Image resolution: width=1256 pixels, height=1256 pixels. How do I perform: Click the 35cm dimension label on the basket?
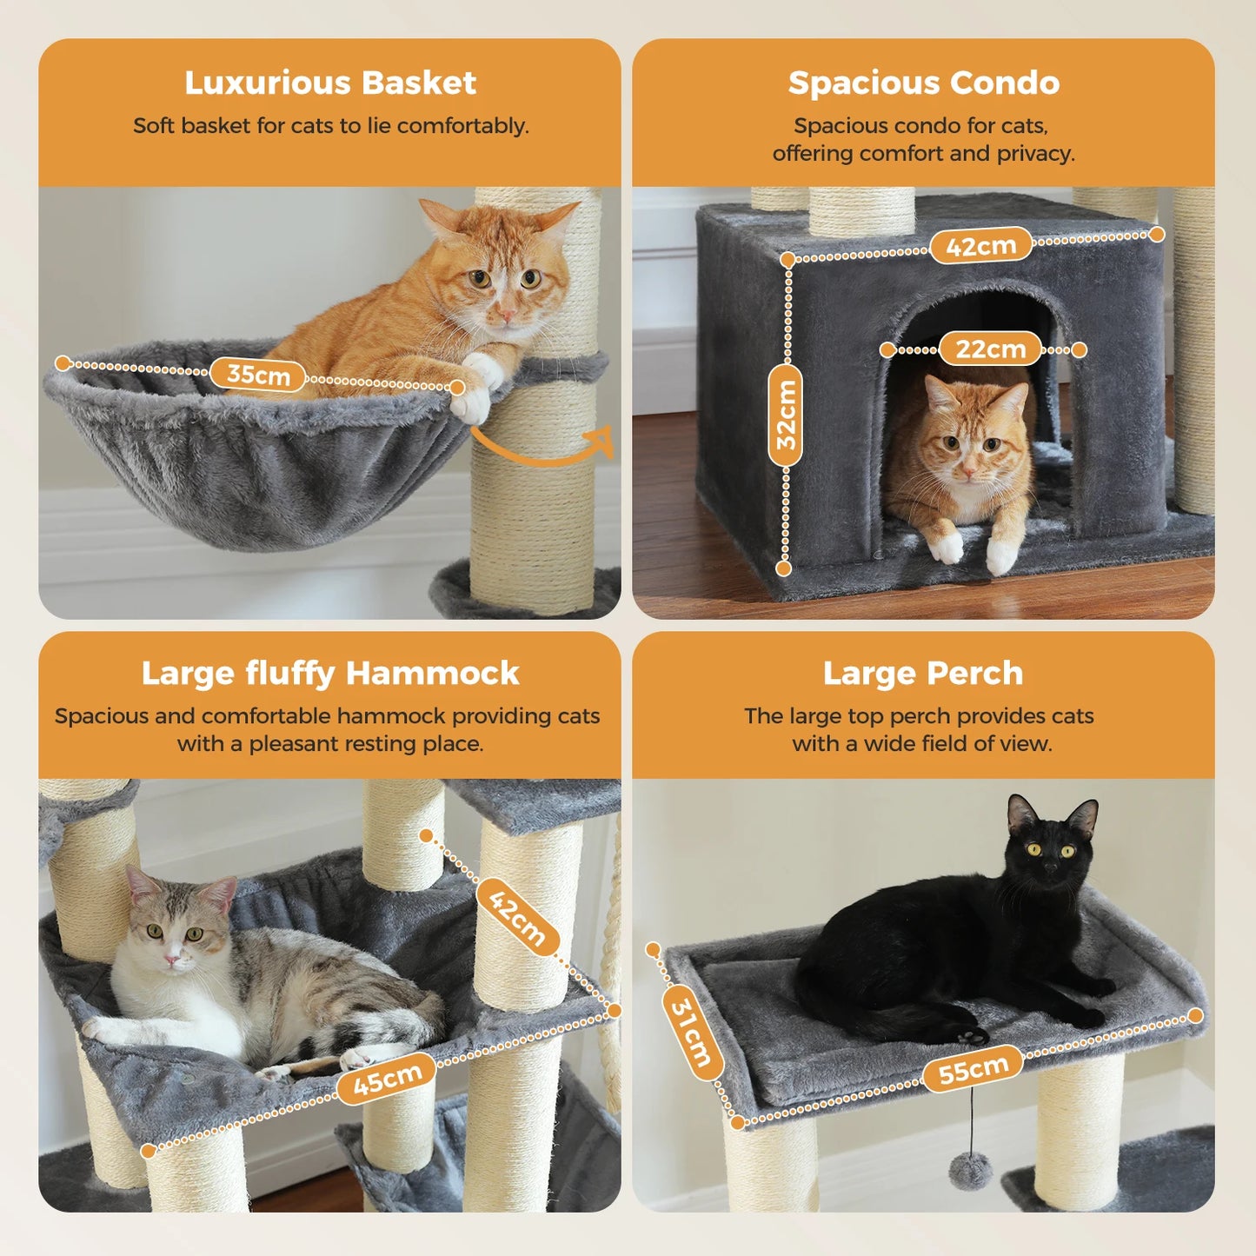click(x=257, y=375)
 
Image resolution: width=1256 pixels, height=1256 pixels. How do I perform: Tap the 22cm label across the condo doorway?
click(x=990, y=349)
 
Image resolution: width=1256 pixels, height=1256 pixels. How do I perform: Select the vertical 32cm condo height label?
click(x=786, y=415)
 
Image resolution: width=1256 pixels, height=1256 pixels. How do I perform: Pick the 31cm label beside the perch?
click(x=692, y=1033)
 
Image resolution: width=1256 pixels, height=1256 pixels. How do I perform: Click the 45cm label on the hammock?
click(x=387, y=1079)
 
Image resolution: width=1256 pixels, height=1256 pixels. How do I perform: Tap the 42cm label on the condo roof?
click(x=981, y=245)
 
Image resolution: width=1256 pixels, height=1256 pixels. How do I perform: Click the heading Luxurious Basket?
click(x=330, y=83)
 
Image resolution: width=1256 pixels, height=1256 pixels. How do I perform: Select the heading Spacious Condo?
click(x=924, y=83)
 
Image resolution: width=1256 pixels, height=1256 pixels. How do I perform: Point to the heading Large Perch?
click(x=923, y=674)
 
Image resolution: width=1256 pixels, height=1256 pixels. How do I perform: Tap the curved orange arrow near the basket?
click(x=542, y=445)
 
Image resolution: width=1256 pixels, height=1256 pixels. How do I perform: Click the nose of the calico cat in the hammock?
click(x=171, y=960)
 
